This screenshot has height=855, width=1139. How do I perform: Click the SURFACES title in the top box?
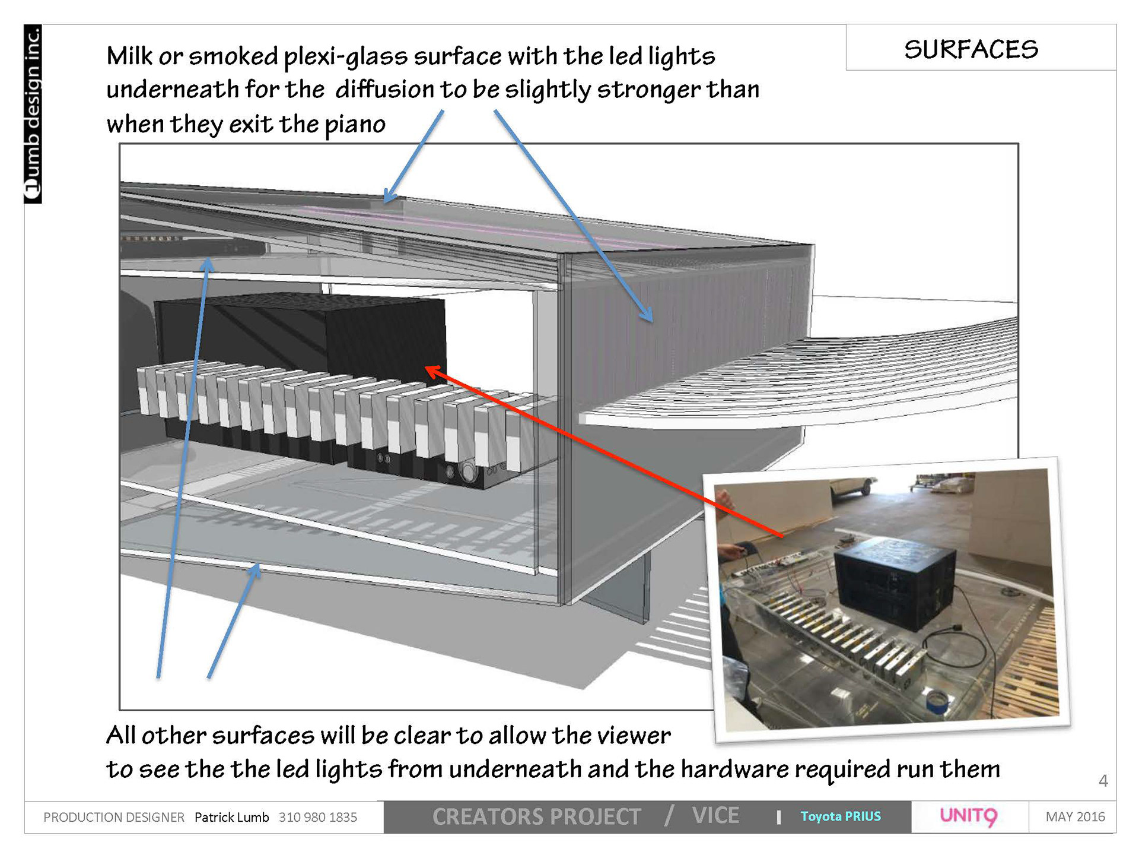[971, 49]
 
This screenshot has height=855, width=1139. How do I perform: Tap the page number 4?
[1103, 780]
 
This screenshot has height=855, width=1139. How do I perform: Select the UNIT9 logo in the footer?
[969, 816]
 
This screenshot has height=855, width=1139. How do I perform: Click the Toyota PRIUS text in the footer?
[840, 816]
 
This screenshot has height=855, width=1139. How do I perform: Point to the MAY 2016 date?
[1075, 817]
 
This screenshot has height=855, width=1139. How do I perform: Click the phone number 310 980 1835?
[318, 818]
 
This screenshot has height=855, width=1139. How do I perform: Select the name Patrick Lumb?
[231, 818]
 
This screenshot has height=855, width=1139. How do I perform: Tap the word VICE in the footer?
[715, 816]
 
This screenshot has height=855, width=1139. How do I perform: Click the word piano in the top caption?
[355, 125]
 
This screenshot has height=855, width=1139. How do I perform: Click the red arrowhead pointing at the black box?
[432, 372]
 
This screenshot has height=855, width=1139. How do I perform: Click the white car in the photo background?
[852, 489]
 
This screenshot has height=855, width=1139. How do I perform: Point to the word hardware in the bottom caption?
[734, 769]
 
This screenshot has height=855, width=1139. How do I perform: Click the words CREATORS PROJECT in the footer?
[536, 817]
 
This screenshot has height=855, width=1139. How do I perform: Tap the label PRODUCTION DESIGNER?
[114, 818]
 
